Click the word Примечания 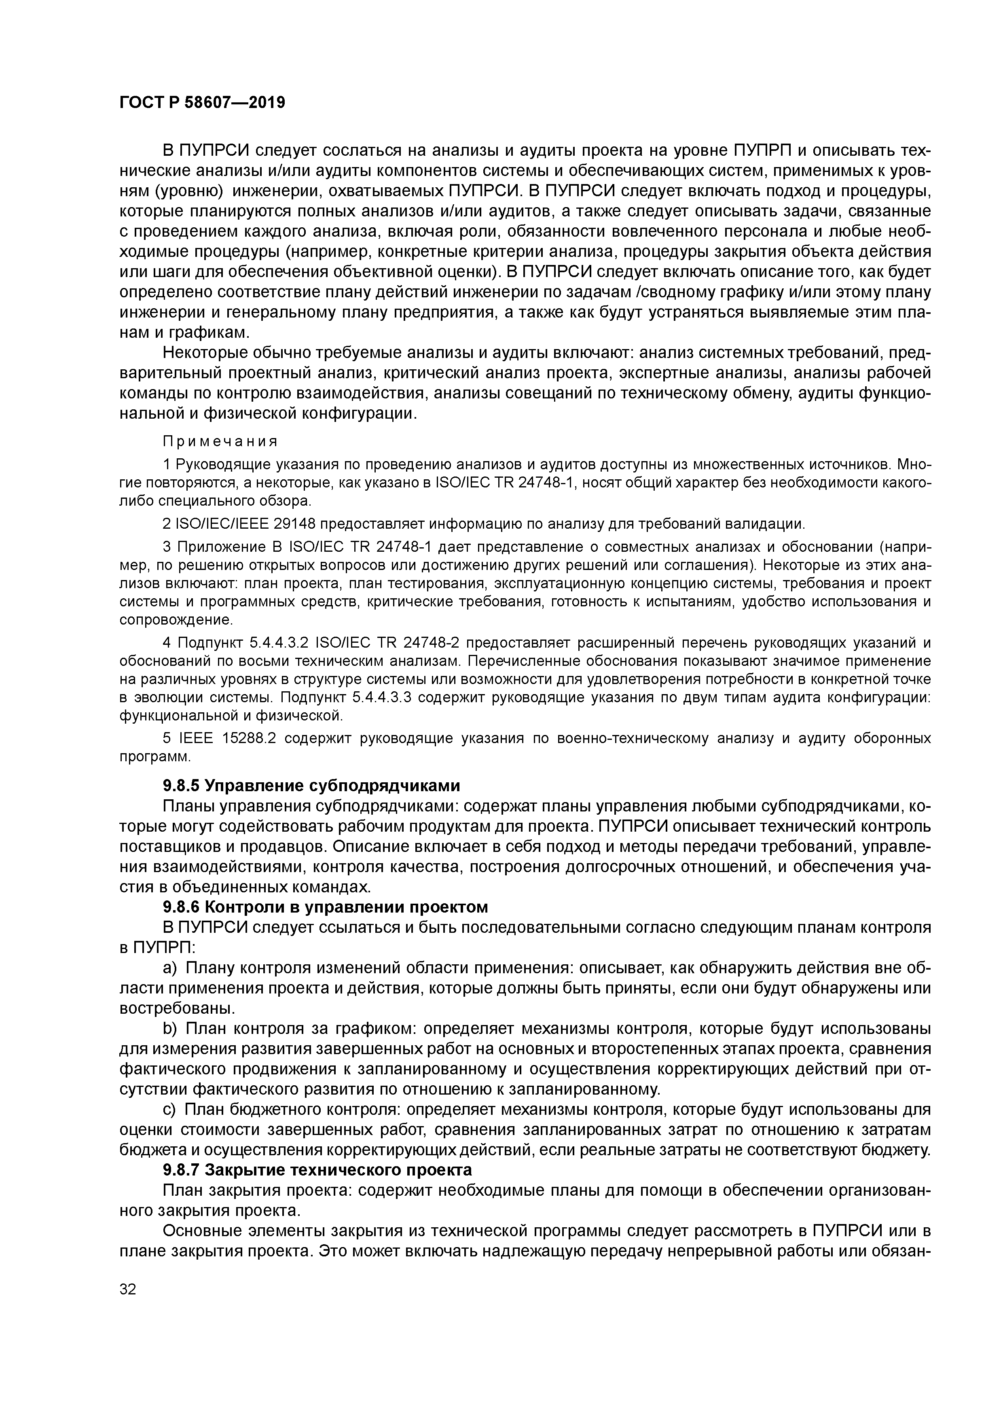[220, 441]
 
